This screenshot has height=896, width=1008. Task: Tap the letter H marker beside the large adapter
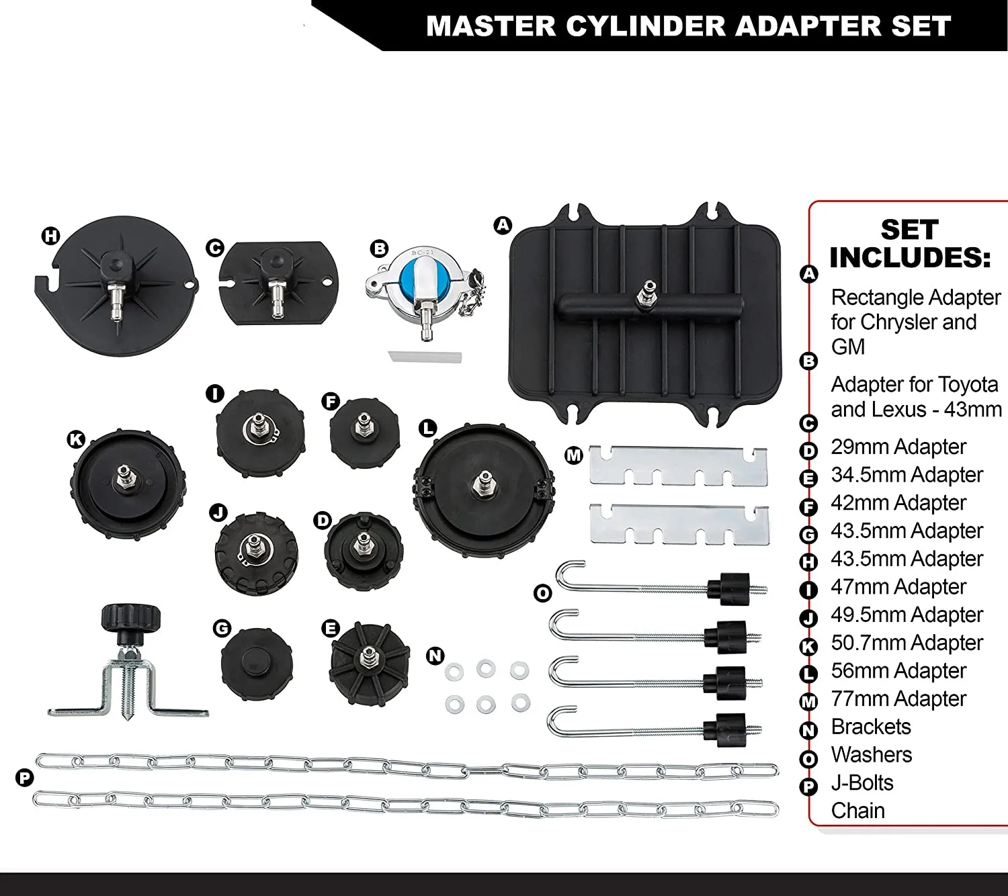coord(51,236)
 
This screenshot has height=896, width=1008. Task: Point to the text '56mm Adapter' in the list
coord(898,670)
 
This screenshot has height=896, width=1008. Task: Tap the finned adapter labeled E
coord(369,662)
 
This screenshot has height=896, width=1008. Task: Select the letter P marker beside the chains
coord(24,778)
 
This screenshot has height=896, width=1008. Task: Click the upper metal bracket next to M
coord(678,464)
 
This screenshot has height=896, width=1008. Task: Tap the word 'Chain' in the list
coord(857,811)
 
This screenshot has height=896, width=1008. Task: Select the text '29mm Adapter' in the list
coord(898,447)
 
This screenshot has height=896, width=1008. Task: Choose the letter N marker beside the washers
coord(435,656)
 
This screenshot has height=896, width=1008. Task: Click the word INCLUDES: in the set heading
coord(910,257)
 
